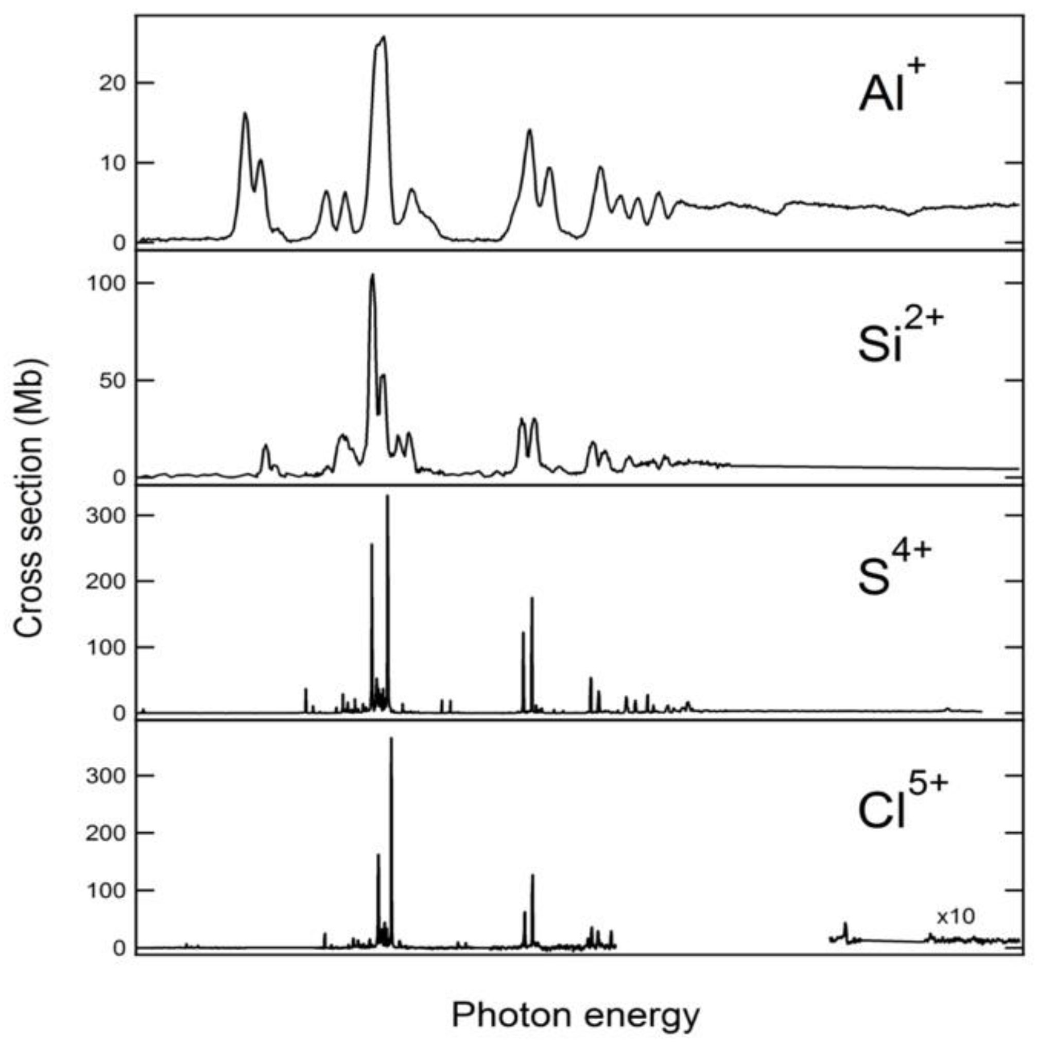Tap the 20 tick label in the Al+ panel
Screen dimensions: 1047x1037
pos(113,83)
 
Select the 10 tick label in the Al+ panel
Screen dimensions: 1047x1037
pos(113,163)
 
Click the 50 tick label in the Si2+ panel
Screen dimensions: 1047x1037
pos(113,381)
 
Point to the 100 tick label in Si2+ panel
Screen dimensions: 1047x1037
pos(106,283)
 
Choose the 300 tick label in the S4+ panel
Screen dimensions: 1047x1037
pos(106,515)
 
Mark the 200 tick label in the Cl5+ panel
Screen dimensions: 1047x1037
pos(106,832)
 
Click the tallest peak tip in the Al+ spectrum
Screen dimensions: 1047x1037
pos(384,37)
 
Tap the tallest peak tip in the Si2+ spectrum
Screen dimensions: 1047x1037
pos(372,276)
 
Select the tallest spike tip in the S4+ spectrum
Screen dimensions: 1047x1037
pos(387,496)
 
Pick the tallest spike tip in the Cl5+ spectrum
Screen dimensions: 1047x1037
pos(391,738)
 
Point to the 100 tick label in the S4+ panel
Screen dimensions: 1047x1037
pos(106,647)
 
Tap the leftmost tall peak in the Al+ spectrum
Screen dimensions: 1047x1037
pos(245,113)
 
